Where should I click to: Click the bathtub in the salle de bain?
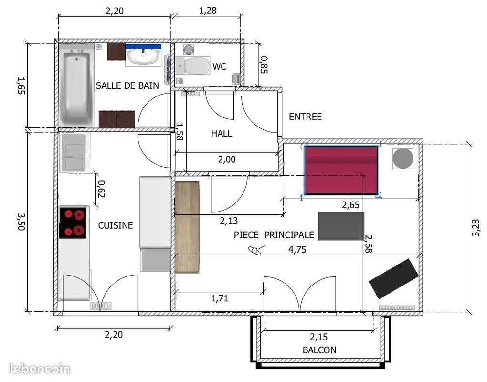76,86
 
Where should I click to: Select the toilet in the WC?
193,66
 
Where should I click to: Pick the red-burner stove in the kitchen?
73,223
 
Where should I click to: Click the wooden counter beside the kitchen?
187,227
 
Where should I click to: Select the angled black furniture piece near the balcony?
393,278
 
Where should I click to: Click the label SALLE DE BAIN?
127,86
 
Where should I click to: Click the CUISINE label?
116,225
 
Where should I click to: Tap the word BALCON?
319,350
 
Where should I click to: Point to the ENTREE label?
306,117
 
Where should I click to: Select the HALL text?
222,134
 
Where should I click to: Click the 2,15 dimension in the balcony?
319,336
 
